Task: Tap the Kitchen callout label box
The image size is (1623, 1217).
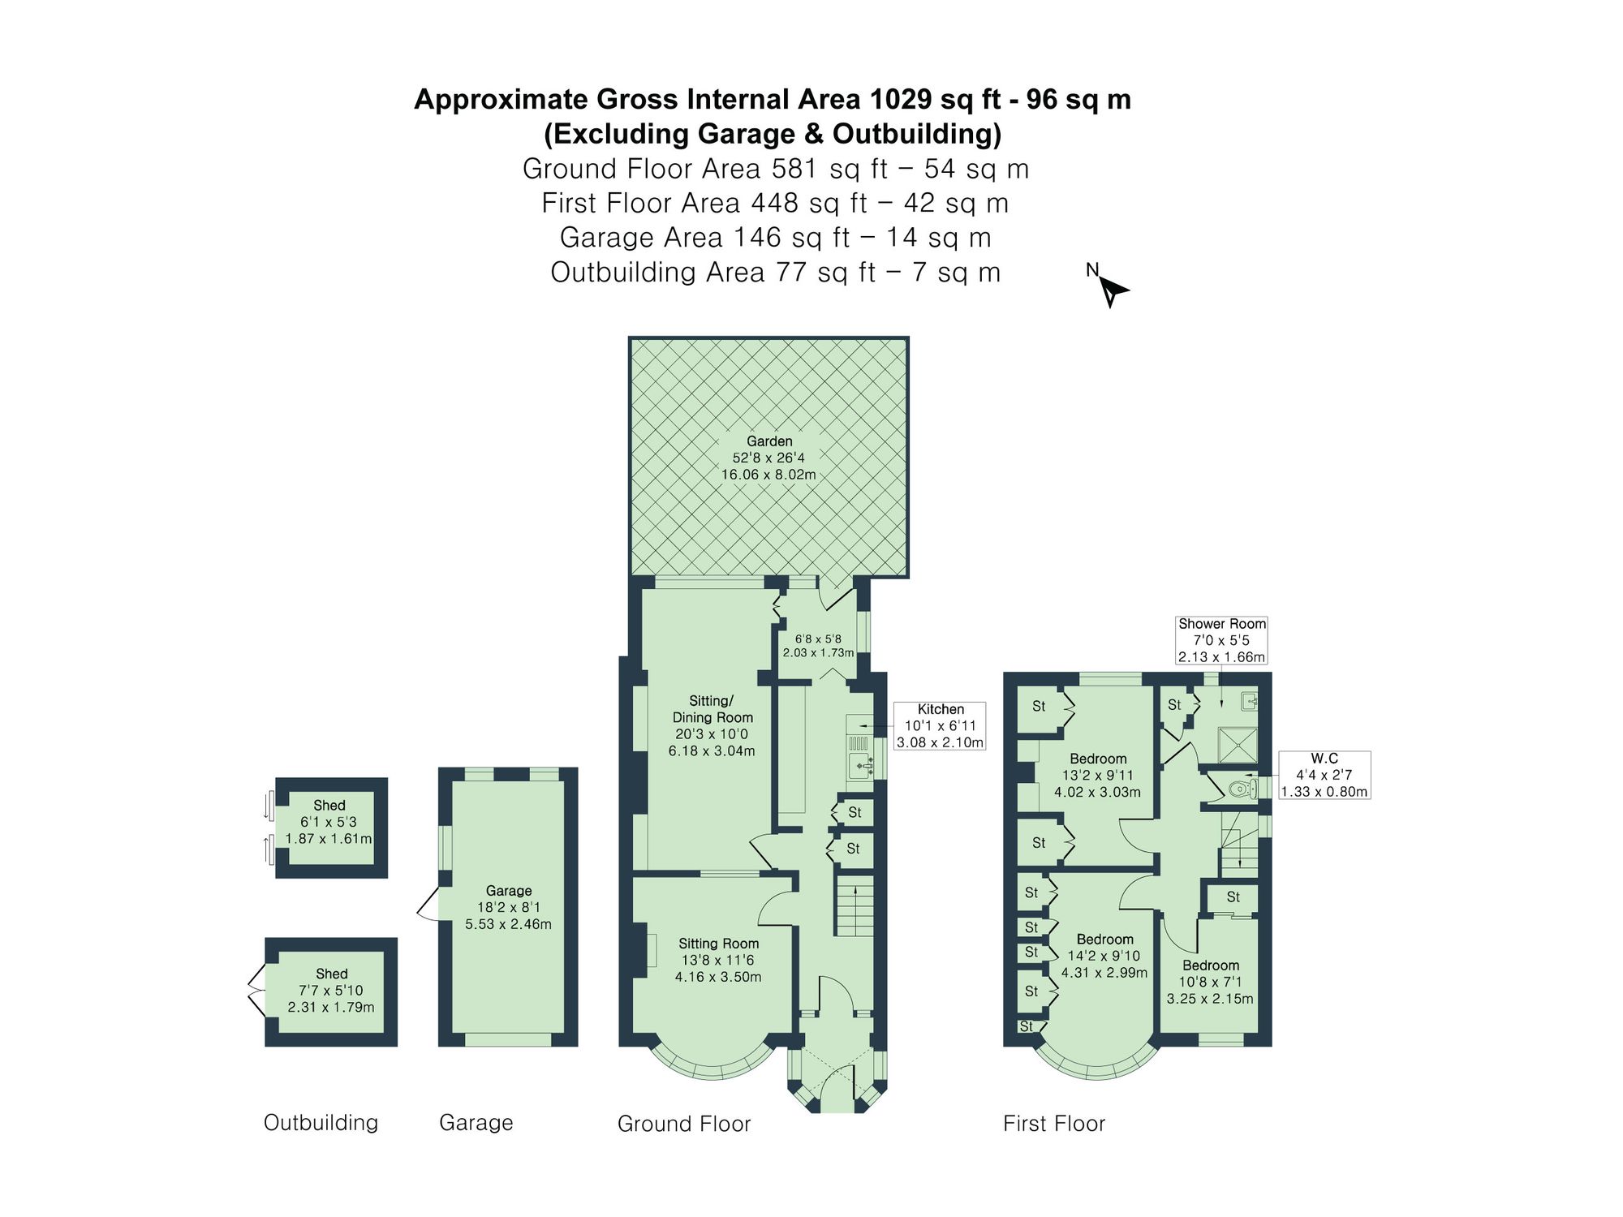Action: (x=940, y=726)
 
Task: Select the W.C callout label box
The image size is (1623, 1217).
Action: (x=1324, y=775)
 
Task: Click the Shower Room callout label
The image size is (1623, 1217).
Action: (x=1221, y=640)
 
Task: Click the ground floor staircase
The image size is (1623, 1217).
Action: (x=855, y=905)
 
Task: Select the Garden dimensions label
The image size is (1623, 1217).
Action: (x=768, y=458)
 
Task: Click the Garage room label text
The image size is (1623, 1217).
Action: (x=509, y=891)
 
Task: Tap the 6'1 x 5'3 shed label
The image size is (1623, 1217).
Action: (x=329, y=822)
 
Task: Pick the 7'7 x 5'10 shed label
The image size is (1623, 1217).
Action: (x=331, y=990)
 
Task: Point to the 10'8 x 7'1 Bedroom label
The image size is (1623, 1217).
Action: (x=1210, y=982)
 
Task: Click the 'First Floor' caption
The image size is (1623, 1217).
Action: (x=1054, y=1124)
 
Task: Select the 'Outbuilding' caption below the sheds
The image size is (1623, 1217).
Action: (x=321, y=1123)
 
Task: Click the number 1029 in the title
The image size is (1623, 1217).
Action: (x=901, y=100)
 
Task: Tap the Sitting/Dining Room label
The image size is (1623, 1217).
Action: (x=712, y=725)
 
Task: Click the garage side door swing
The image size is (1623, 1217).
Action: (x=428, y=905)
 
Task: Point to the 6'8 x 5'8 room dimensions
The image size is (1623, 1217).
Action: (x=818, y=646)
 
